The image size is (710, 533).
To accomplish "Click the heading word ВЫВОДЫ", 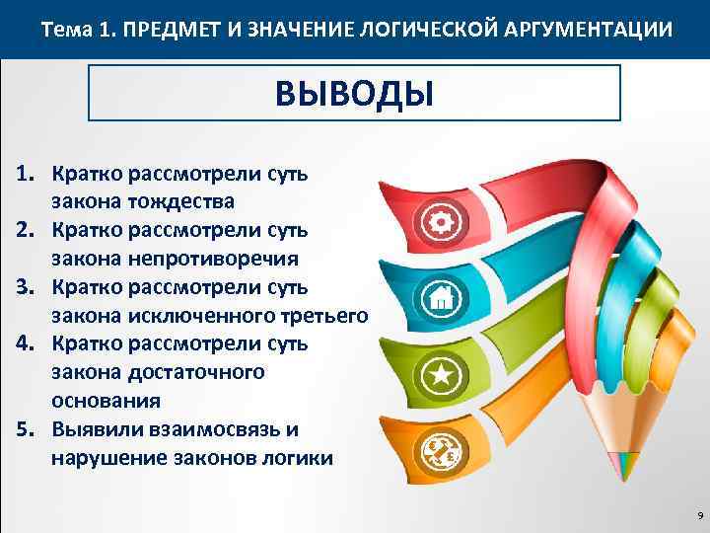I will coord(354,93).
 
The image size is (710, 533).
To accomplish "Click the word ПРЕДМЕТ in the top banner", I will coord(166,31).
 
